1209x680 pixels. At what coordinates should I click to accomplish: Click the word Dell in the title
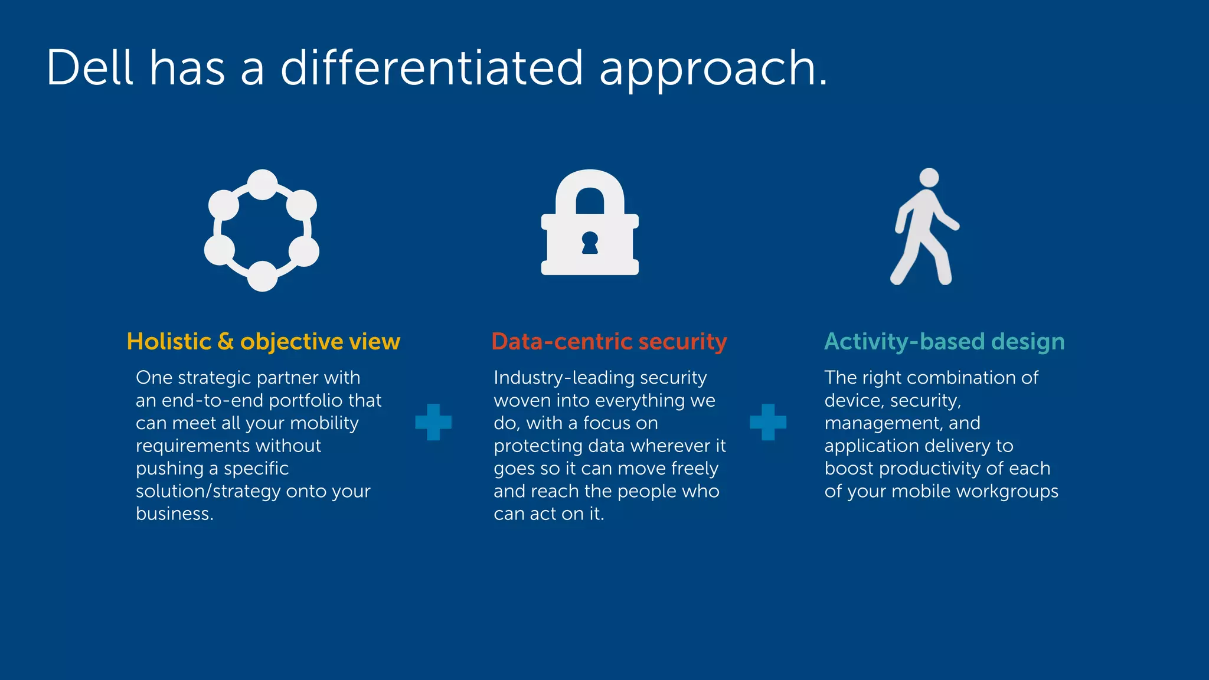(x=90, y=68)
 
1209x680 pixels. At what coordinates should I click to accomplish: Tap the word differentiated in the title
(x=432, y=68)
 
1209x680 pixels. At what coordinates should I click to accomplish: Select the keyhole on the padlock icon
(x=590, y=243)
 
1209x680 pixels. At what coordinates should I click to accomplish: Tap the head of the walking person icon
(x=929, y=178)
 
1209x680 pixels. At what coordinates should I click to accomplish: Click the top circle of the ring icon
(x=263, y=185)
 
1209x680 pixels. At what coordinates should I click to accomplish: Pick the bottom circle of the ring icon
(x=262, y=276)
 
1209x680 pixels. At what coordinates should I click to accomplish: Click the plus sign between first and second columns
(x=433, y=422)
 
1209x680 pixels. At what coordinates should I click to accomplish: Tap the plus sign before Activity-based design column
(x=768, y=422)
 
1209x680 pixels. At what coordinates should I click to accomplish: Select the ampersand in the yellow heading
(x=226, y=342)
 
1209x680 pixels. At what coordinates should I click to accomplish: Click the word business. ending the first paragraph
(x=174, y=514)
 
